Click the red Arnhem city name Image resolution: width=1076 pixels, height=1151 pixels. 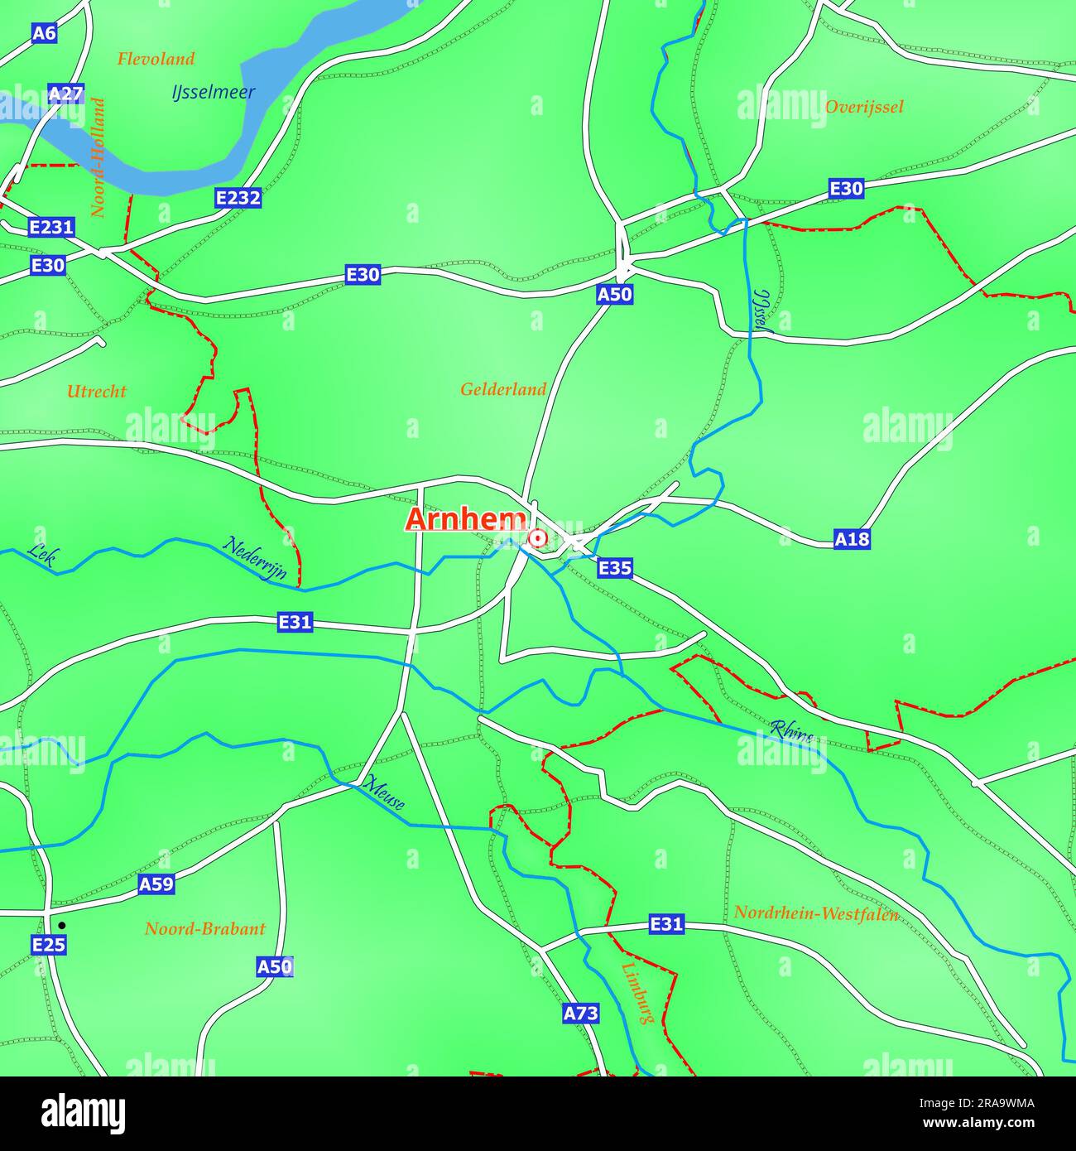point(466,520)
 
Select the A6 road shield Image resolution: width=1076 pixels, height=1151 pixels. point(44,33)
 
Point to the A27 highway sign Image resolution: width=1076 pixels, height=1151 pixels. point(65,94)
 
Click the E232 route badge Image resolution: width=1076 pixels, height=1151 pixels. point(238,198)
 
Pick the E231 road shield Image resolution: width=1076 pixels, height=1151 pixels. point(51,227)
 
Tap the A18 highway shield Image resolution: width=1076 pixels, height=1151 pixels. point(852,540)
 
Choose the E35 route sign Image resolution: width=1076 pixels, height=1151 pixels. point(615,568)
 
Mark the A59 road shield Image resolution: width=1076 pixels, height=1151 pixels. point(156,884)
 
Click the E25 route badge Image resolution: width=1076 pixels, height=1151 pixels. point(48,945)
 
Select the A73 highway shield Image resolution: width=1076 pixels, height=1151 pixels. point(580,1013)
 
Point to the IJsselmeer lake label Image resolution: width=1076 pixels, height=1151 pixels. point(214,93)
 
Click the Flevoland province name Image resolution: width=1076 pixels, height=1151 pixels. point(156,59)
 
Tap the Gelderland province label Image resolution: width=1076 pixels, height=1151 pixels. point(503,389)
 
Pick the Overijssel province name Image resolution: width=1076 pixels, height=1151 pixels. point(864,107)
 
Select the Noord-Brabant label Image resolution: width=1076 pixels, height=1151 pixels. point(205,928)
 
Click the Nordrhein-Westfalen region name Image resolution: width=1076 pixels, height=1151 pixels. point(816,913)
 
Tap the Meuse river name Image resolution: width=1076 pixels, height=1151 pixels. point(384,793)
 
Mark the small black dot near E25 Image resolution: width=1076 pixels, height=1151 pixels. point(61,926)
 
